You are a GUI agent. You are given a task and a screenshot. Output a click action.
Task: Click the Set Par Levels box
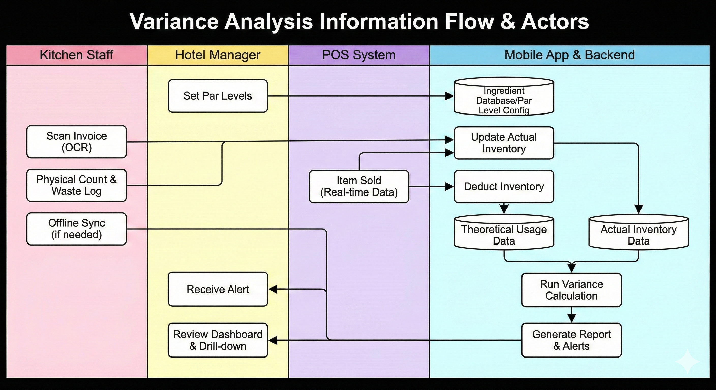pyautogui.click(x=218, y=96)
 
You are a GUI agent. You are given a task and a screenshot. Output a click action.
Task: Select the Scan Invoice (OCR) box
pyautogui.click(x=77, y=142)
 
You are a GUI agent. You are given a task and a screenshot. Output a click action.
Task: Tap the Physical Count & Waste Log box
pyautogui.click(x=77, y=185)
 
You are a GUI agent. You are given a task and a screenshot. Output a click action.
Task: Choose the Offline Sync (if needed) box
pyautogui.click(x=77, y=229)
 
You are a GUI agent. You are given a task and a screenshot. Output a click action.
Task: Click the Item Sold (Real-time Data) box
pyautogui.click(x=359, y=187)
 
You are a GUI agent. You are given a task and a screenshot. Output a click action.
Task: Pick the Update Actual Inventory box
pyautogui.click(x=504, y=143)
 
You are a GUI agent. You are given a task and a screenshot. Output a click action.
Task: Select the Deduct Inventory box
pyautogui.click(x=504, y=187)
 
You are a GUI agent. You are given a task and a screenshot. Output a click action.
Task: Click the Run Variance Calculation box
pyautogui.click(x=571, y=290)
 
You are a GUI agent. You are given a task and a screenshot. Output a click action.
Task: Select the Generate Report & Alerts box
pyautogui.click(x=571, y=340)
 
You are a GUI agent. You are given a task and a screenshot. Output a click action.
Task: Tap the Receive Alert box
pyautogui.click(x=218, y=289)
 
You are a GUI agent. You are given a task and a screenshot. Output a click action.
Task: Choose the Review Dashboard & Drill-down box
pyautogui.click(x=218, y=340)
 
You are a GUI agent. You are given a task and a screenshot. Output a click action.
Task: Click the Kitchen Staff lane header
pyautogui.click(x=77, y=55)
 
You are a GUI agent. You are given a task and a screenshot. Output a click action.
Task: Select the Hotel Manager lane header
pyautogui.click(x=218, y=55)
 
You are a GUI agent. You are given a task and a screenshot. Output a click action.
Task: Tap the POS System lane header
pyautogui.click(x=359, y=55)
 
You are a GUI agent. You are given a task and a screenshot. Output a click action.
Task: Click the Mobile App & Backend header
pyautogui.click(x=570, y=55)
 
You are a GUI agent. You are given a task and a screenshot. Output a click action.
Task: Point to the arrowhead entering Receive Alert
pyautogui.click(x=273, y=289)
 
